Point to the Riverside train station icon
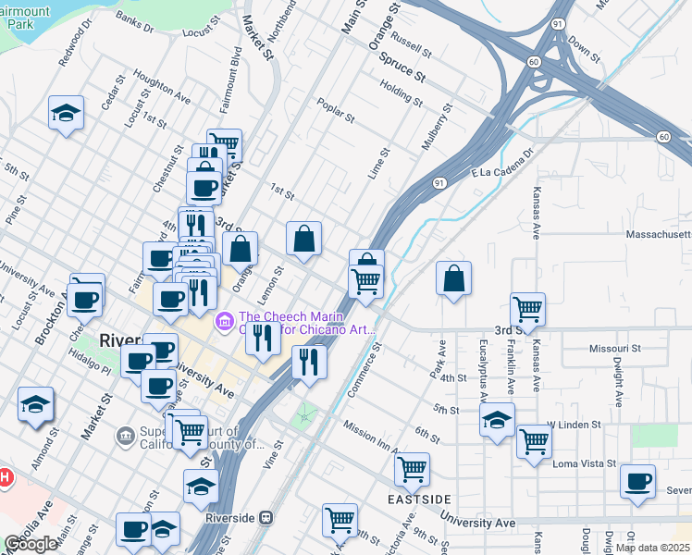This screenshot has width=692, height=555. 266,518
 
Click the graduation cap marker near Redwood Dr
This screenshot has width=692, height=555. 66,113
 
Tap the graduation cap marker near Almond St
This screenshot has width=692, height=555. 35,404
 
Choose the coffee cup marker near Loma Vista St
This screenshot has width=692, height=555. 637,481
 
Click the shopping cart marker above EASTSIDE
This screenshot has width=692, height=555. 412,468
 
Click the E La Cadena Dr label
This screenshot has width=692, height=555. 502,162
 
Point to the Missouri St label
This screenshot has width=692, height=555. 615,349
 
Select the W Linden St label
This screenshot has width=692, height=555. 574,425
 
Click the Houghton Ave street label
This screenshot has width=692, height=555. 162,88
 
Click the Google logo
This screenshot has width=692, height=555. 31,544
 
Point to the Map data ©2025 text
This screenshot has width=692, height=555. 652,548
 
